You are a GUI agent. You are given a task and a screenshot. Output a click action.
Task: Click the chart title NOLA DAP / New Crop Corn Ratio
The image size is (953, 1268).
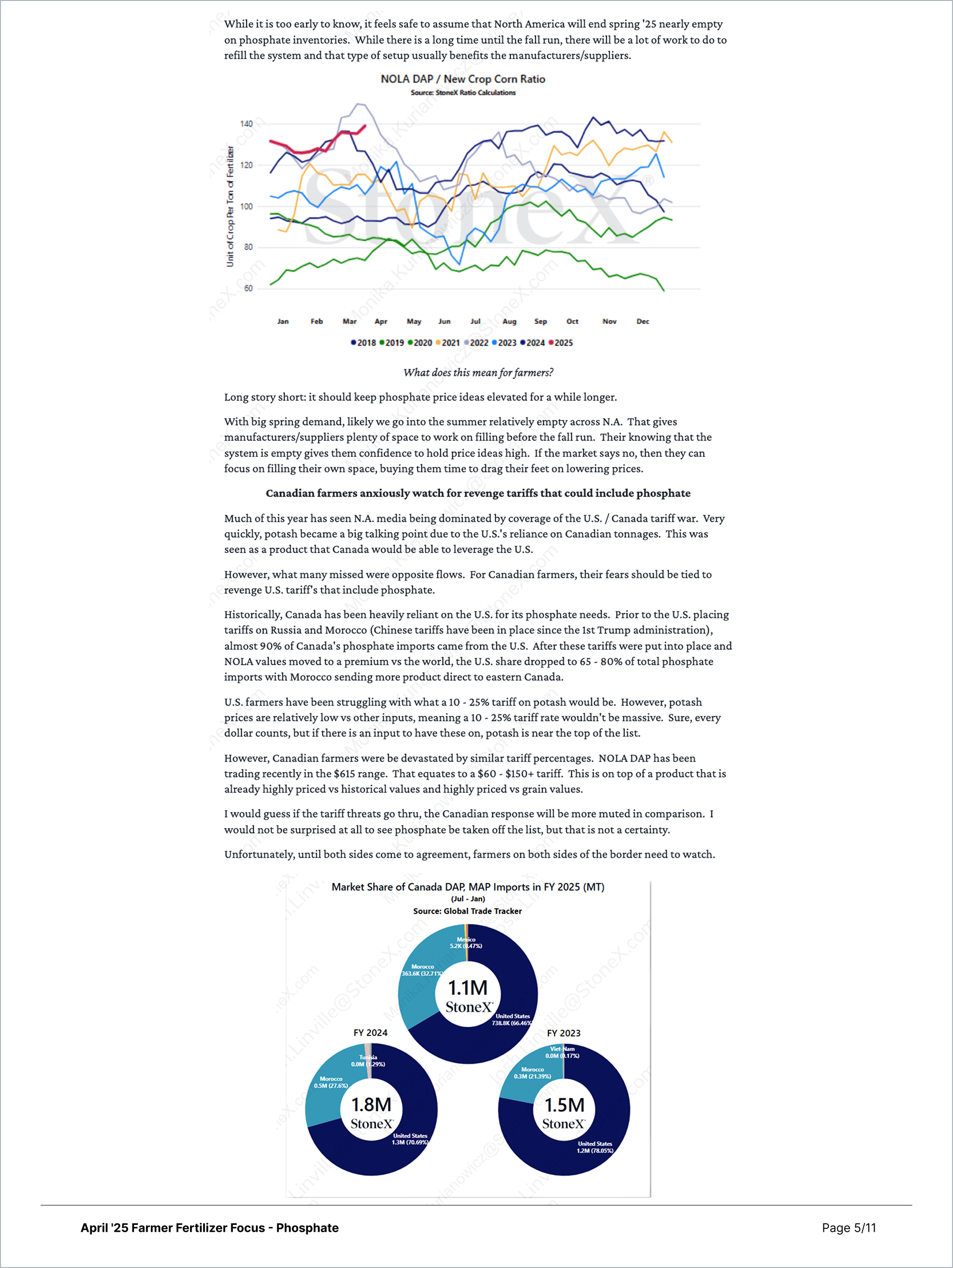(x=463, y=79)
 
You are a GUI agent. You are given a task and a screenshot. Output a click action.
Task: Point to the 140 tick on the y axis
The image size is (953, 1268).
(x=246, y=124)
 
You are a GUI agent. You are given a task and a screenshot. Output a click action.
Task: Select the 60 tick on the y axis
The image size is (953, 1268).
(x=248, y=288)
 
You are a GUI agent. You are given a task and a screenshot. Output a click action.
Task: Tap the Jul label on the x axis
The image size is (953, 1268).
(x=475, y=322)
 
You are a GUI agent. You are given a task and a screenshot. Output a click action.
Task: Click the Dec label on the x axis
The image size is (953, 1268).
(x=642, y=322)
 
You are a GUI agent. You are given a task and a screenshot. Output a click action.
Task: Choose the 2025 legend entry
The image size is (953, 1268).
(x=561, y=343)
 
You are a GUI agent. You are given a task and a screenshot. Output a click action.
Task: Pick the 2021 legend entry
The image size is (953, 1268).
(x=448, y=343)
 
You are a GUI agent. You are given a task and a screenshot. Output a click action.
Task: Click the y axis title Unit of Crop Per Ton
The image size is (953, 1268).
(x=230, y=207)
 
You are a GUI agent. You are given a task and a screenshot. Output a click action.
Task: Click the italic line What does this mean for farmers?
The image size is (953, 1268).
(x=478, y=372)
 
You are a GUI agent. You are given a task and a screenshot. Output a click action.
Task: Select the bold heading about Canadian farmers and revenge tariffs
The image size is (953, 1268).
(x=478, y=493)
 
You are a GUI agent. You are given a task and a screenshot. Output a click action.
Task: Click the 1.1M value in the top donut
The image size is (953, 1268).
(x=468, y=987)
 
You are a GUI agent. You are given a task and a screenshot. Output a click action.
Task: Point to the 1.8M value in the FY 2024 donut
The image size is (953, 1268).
(x=371, y=1105)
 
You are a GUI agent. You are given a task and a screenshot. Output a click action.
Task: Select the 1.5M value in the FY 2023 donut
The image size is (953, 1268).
(x=564, y=1105)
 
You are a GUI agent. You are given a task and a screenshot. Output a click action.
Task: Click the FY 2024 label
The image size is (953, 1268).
(x=370, y=1033)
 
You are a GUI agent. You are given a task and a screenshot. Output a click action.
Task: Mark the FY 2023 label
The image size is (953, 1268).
(x=563, y=1033)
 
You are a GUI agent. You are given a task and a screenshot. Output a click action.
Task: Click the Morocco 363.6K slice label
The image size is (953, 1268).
(x=422, y=970)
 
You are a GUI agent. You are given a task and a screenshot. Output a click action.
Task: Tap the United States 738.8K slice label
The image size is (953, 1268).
(x=512, y=1019)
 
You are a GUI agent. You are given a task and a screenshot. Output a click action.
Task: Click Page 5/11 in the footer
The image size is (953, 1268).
(x=848, y=1228)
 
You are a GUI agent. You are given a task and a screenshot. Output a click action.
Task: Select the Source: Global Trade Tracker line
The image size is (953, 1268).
(x=467, y=911)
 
